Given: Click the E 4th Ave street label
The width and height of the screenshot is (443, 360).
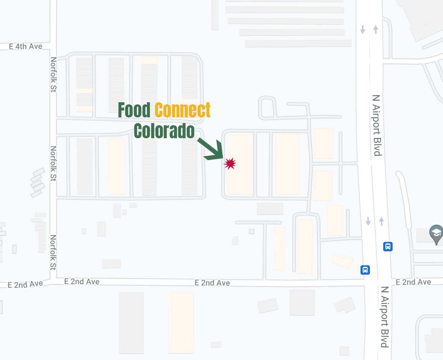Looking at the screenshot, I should tap(26, 46).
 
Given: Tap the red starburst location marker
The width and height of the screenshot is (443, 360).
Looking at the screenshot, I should tap(230, 163).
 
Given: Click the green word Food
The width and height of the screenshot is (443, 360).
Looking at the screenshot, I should tap(134, 110).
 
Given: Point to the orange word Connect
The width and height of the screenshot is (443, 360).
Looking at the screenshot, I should tap(183, 110).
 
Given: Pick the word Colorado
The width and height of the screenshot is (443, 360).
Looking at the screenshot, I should tap(164, 131).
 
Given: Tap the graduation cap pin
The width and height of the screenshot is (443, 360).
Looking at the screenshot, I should tap(436, 233).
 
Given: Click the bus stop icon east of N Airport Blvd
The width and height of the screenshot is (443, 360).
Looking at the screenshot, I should tap(388, 247).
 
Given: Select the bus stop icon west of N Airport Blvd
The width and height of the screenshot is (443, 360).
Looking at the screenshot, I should tap(365, 270).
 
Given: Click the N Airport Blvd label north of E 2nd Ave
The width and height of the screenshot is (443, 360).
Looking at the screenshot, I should tap(377, 125).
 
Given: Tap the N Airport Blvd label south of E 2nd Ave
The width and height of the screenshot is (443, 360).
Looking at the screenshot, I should tap(385, 317).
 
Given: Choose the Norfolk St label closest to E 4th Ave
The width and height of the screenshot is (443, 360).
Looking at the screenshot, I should tap(53, 75).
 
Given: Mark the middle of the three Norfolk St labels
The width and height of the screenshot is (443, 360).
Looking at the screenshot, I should tap(53, 163).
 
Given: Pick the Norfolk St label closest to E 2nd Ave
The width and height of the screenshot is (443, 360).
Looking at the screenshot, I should tap(53, 252).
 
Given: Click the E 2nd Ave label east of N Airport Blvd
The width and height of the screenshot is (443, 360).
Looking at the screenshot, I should tap(413, 282).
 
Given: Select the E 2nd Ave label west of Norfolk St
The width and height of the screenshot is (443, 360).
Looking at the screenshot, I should tap(25, 284).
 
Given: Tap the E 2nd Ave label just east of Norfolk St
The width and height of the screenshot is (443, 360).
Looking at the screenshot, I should tap(82, 282).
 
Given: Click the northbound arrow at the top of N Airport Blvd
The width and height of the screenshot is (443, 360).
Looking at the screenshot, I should tap(376, 30).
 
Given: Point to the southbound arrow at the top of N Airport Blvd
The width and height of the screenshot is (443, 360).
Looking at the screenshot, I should tap(363, 30).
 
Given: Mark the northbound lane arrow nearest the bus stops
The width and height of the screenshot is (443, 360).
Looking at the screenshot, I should tap(381, 221).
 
